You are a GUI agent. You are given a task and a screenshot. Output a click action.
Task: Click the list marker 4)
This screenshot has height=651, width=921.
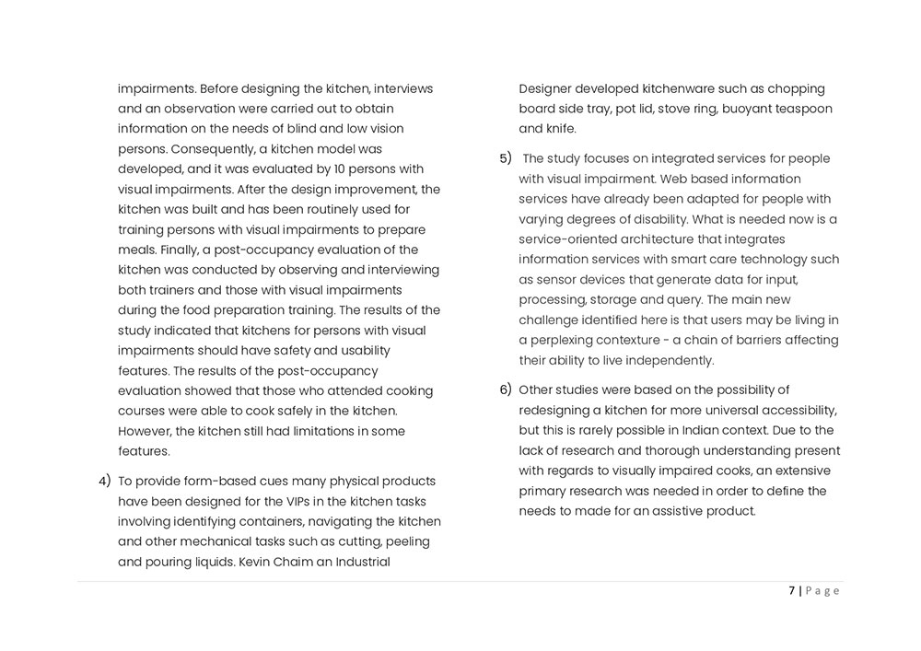(105, 482)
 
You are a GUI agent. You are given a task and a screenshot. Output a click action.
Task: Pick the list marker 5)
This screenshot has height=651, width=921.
(505, 158)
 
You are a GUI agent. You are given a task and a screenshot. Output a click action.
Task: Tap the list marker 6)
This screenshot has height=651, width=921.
(505, 389)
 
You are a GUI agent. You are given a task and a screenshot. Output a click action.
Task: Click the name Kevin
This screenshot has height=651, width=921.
(257, 562)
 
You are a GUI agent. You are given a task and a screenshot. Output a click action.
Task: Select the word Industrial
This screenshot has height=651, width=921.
(357, 562)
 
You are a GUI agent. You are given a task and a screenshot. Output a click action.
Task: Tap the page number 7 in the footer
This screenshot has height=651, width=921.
(792, 591)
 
